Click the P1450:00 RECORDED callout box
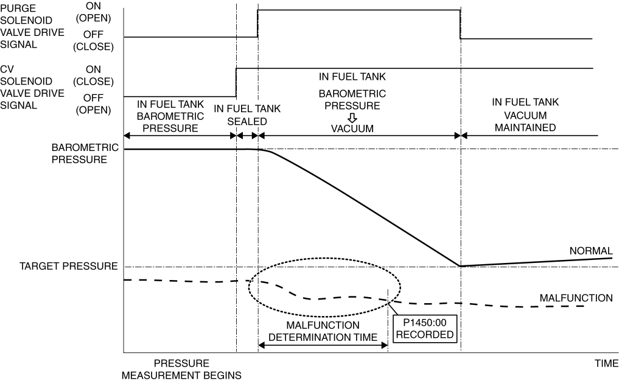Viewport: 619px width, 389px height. click(x=425, y=329)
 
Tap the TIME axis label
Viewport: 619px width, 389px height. click(x=606, y=363)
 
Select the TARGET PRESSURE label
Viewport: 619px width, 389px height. click(x=69, y=266)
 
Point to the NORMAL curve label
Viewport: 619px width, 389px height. click(x=591, y=251)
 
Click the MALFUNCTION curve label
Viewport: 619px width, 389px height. click(x=576, y=298)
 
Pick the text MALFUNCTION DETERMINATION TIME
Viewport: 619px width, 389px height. click(x=323, y=331)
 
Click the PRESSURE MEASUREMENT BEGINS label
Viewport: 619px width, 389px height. click(x=181, y=370)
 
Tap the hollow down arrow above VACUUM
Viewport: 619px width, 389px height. click(x=352, y=117)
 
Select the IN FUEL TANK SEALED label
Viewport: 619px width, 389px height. click(x=247, y=115)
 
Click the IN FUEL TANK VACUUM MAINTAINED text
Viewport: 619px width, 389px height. click(x=525, y=115)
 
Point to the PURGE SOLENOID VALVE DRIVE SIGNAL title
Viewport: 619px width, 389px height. click(x=32, y=26)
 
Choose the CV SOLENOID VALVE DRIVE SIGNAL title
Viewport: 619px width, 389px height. click(x=32, y=87)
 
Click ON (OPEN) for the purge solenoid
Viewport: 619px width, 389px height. click(x=93, y=12)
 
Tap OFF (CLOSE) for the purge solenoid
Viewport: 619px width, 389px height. click(x=93, y=40)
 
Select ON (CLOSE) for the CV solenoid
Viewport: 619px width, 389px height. click(x=93, y=75)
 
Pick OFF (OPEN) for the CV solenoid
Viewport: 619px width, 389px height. click(x=93, y=104)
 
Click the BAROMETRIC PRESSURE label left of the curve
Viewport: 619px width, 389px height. click(x=85, y=153)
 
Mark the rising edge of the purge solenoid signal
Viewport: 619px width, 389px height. click(x=258, y=24)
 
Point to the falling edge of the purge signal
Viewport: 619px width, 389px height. click(x=460, y=24)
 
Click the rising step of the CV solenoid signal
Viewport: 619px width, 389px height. click(x=236, y=83)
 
